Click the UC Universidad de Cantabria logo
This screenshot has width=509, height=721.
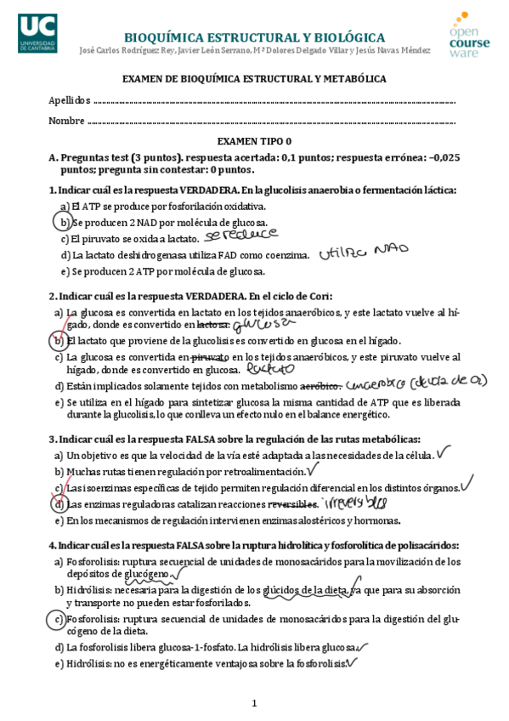pos(36,33)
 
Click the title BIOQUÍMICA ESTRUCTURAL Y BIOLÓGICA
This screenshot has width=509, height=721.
pos(254,38)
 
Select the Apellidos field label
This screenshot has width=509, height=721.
pos(67,100)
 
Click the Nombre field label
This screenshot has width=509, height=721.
pos(65,120)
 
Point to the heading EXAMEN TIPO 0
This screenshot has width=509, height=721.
pos(254,141)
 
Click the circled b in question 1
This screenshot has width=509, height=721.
pos(63,222)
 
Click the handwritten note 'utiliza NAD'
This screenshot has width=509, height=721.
pos(364,251)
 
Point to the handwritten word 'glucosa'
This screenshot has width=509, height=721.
pos(258,323)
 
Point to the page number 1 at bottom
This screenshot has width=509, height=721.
pos(254,703)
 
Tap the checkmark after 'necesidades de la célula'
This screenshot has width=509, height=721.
pos(443,451)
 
